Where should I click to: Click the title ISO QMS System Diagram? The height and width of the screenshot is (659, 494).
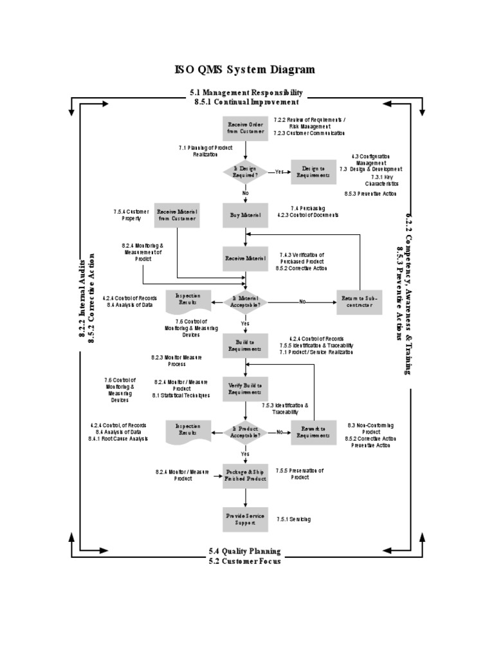click(246, 70)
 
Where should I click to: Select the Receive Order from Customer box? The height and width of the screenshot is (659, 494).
click(245, 127)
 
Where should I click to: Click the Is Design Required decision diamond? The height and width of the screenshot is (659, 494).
click(245, 172)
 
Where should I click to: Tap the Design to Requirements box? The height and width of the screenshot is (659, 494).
click(313, 172)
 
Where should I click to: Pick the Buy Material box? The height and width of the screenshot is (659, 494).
click(245, 215)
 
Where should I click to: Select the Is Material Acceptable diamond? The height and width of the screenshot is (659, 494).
click(245, 301)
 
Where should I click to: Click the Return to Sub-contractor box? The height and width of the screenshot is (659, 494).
click(359, 301)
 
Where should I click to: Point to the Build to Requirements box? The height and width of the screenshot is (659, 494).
click(245, 346)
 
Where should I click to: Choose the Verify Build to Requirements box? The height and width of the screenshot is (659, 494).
click(245, 388)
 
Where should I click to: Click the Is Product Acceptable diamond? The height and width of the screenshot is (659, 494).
click(245, 432)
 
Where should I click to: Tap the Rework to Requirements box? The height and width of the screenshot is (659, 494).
click(313, 432)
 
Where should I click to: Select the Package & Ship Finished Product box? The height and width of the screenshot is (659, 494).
click(245, 476)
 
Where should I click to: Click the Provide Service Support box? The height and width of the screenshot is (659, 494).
click(245, 519)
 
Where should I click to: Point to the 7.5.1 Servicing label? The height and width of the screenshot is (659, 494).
click(294, 519)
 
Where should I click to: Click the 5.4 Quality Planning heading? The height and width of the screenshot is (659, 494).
click(244, 552)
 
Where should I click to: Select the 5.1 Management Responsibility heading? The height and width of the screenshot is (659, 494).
click(246, 93)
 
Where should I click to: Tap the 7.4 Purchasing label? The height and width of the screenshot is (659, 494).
click(307, 208)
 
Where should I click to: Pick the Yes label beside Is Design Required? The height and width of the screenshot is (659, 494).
click(279, 172)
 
